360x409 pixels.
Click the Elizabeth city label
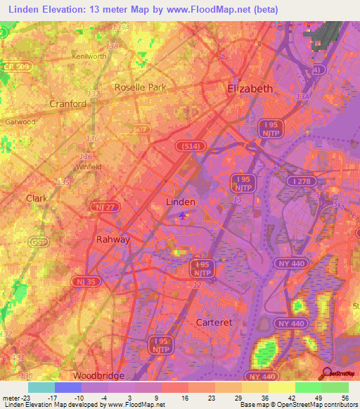click(250, 89)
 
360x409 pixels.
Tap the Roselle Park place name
click(139, 88)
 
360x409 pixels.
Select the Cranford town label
click(68, 103)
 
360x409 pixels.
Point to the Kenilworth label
click(89, 56)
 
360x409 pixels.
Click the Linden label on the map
click(180, 201)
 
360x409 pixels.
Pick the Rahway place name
click(113, 239)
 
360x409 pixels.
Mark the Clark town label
click(37, 198)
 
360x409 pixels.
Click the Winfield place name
click(89, 167)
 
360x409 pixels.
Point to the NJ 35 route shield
click(83, 281)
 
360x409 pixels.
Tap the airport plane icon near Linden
click(184, 214)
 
